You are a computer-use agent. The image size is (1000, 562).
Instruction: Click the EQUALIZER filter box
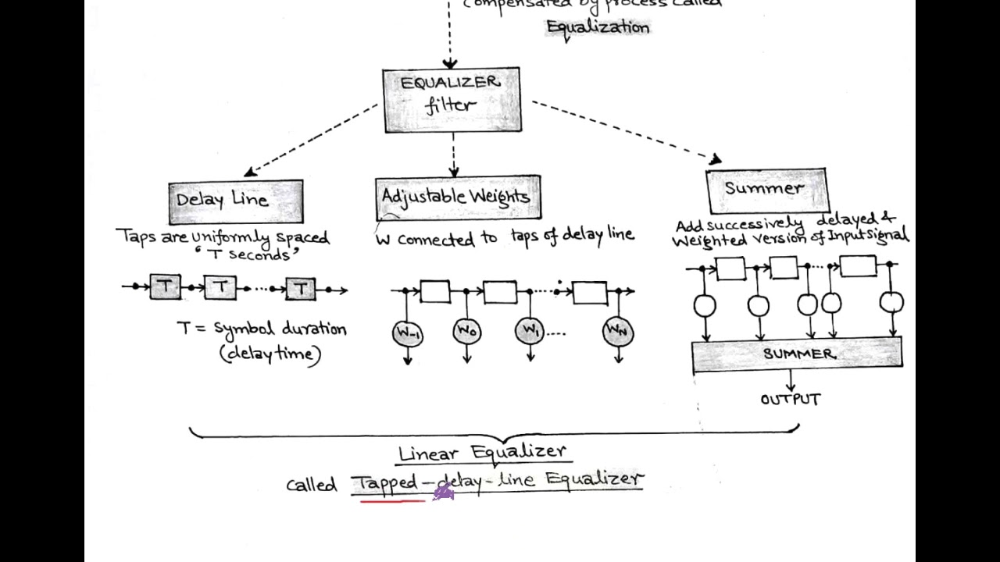pyautogui.click(x=452, y=99)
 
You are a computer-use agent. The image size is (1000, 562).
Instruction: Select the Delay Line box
pyautogui.click(x=235, y=201)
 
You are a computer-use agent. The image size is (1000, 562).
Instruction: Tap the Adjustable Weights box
pyautogui.click(x=457, y=197)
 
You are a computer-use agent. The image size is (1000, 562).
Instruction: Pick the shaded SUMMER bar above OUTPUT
pyautogui.click(x=797, y=354)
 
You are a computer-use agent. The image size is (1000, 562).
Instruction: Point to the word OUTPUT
pyautogui.click(x=791, y=400)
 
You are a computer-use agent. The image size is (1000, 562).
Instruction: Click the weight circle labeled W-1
pyautogui.click(x=408, y=333)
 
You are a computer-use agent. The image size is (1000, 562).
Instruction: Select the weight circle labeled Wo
pyautogui.click(x=467, y=332)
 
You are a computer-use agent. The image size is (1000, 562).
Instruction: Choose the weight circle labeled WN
pyautogui.click(x=618, y=332)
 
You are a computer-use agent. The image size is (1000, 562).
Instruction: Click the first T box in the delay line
pyautogui.click(x=166, y=287)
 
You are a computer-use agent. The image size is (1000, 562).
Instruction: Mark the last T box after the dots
pyautogui.click(x=301, y=288)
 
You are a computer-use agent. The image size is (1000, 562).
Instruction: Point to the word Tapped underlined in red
pyautogui.click(x=387, y=482)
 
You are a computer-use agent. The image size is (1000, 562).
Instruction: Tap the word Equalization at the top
pyautogui.click(x=598, y=27)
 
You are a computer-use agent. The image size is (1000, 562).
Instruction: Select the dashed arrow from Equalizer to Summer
pyautogui.click(x=625, y=130)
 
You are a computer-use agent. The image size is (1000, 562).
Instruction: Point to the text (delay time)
pyautogui.click(x=270, y=354)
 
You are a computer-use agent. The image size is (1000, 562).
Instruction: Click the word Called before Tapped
pyautogui.click(x=311, y=485)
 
